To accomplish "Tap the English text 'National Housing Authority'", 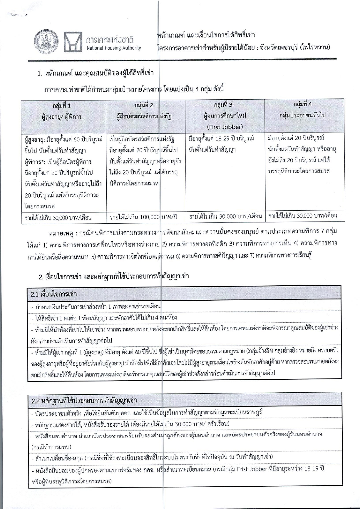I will coord(114,48).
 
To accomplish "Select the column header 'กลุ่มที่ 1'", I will coord(62,106).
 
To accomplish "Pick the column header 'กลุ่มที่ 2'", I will coord(144,105).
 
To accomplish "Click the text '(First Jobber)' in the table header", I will coord(225,127).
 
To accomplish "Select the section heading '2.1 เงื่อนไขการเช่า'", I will coord(54,294).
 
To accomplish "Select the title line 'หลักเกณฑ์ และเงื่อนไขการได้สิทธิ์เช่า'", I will coord(206,35).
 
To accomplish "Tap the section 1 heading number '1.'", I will coord(41,73).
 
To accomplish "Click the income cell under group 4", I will coord(303,216).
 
